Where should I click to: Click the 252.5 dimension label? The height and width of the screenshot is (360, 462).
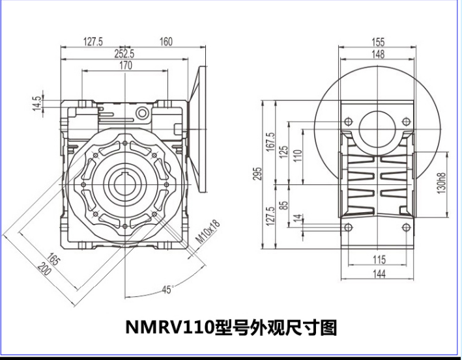(124, 54)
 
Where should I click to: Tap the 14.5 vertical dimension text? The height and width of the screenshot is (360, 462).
(37, 103)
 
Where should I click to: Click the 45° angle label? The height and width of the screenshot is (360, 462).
(167, 290)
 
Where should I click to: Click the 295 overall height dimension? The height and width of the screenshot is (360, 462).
(258, 175)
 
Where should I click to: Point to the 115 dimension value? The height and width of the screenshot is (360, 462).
(379, 259)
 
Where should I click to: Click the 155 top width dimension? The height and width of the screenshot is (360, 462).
(379, 42)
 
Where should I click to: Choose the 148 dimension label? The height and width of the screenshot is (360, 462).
(379, 54)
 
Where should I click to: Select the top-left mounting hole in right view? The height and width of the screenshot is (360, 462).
(348, 122)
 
